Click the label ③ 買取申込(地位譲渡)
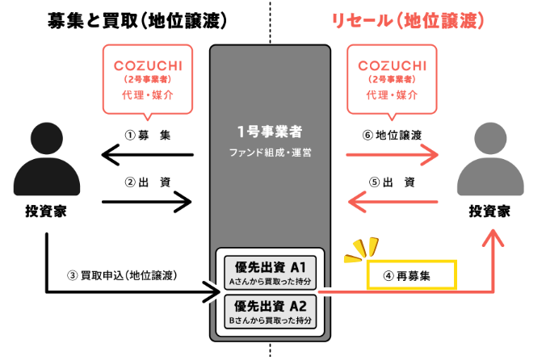coord(133,274)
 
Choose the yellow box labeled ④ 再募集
coord(412,274)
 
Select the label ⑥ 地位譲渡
coord(393,135)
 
